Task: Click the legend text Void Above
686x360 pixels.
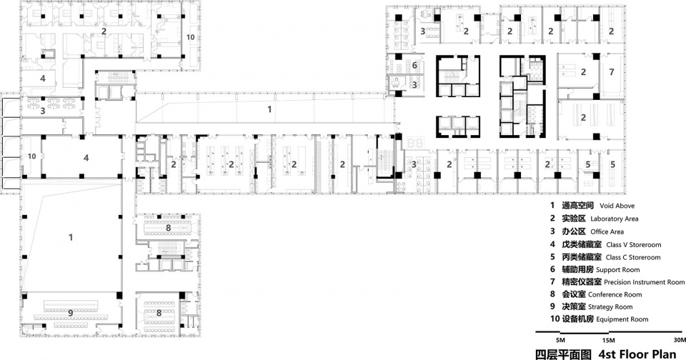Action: (617, 206)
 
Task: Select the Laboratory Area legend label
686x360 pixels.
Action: (615, 219)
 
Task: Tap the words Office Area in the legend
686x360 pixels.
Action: (607, 232)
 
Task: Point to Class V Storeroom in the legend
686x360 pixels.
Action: (634, 245)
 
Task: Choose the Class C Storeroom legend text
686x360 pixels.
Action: (633, 258)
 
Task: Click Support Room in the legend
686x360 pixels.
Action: (617, 270)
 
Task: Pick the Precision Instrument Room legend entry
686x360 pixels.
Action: (644, 282)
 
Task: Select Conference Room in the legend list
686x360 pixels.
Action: (615, 295)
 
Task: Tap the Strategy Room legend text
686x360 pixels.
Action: (610, 307)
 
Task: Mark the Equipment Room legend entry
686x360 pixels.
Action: (622, 319)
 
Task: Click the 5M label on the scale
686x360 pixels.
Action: (560, 340)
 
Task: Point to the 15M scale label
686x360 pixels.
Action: (608, 340)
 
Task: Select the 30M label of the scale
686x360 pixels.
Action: (680, 340)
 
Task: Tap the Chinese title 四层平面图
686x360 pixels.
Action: (564, 354)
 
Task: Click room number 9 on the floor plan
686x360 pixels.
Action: (71, 313)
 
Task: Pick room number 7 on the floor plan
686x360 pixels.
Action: (612, 71)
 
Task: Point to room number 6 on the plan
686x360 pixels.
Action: (414, 66)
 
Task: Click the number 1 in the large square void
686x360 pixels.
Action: (71, 238)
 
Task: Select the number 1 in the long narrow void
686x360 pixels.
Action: (269, 109)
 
